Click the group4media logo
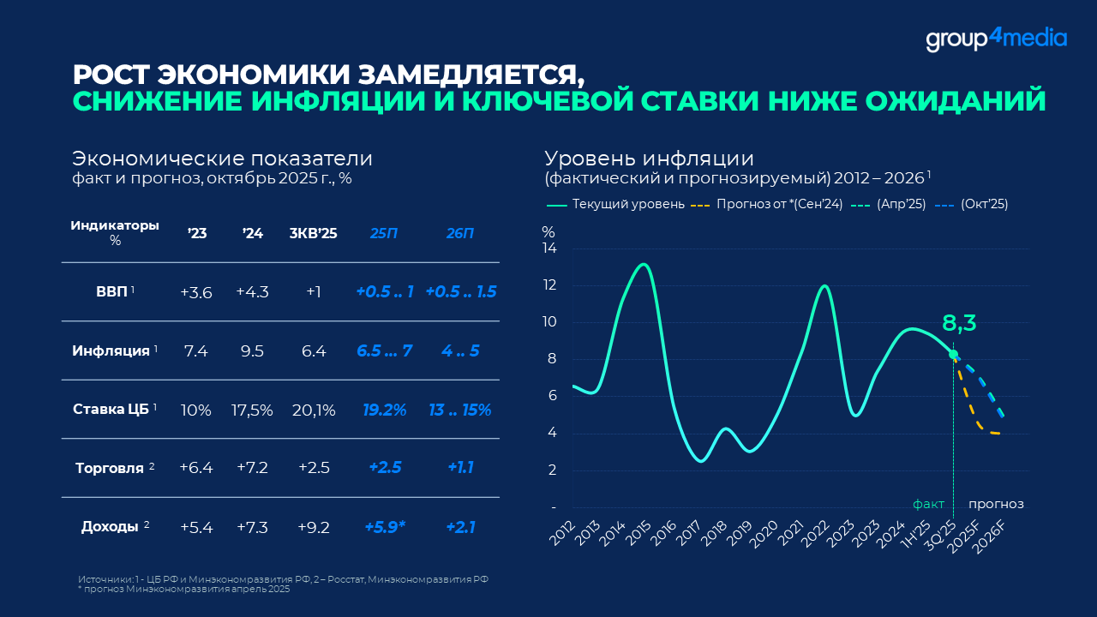[996, 39]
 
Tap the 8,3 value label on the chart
[959, 323]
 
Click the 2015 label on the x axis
[638, 536]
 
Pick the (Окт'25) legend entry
[984, 204]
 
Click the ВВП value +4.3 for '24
[252, 292]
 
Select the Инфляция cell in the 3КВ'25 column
[309, 351]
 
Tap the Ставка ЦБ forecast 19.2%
[384, 410]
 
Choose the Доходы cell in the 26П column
[460, 527]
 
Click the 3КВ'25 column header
[313, 233]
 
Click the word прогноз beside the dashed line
[996, 504]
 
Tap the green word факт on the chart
[929, 504]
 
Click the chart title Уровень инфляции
[649, 159]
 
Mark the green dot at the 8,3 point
[953, 354]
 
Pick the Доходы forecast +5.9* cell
[386, 527]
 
